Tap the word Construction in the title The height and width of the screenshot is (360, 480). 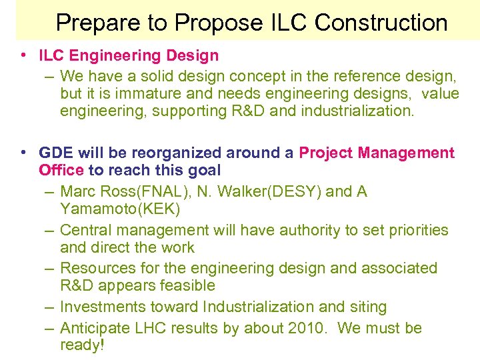point(381,23)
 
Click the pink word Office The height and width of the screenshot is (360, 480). point(61,170)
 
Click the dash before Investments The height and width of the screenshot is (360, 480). point(50,307)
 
